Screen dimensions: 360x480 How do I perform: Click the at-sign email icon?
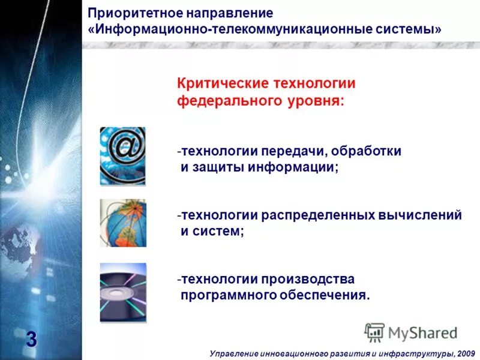pyautogui.click(x=122, y=155)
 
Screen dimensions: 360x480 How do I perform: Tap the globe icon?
pyautogui.click(x=122, y=223)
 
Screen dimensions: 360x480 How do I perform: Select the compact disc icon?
pyautogui.click(x=122, y=292)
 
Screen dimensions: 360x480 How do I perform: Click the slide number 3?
pyautogui.click(x=31, y=340)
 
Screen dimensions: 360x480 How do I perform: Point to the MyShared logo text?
pyautogui.click(x=421, y=332)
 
